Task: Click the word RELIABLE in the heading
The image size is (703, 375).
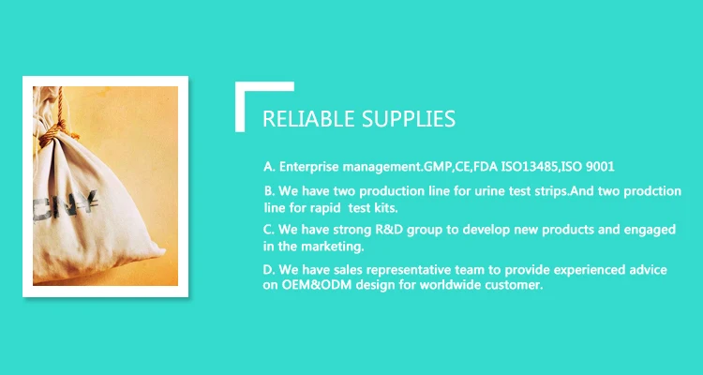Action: coord(309,119)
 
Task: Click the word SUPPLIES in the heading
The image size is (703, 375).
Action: coord(409,119)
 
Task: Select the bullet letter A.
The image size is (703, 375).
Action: coord(269,167)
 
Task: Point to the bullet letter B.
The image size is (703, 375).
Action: coord(269,191)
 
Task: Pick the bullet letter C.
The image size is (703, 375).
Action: coord(269,230)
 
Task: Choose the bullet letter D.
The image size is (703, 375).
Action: coord(269,270)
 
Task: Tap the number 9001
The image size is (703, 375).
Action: coord(600,167)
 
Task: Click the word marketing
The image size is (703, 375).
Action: coord(332,247)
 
